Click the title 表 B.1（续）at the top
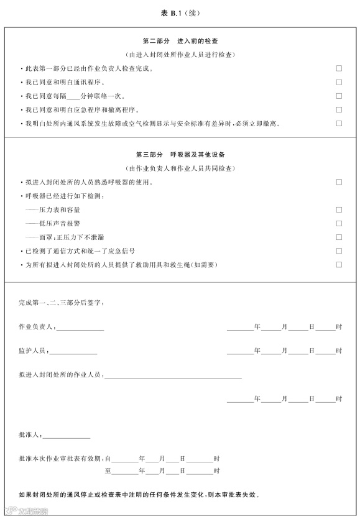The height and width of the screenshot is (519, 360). pos(180,12)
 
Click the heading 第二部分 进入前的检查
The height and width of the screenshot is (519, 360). pos(180,40)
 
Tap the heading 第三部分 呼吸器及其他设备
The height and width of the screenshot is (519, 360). pos(180,154)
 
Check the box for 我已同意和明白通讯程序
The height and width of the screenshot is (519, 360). pos(339,82)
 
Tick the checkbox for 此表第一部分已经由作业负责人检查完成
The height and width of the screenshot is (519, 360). pos(339,68)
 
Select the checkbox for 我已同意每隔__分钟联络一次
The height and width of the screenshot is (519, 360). pos(339,96)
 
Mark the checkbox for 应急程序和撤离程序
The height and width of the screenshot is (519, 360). pos(339,109)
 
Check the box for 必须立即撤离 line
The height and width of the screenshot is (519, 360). pos(339,123)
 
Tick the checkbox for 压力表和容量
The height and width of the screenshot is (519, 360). pos(339,209)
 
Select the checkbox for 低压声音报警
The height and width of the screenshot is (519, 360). pos(339,223)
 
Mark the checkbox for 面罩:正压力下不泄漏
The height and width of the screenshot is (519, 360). pos(339,237)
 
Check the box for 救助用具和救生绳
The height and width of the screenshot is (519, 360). pos(339,264)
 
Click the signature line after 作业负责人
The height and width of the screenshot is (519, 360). pos(81,328)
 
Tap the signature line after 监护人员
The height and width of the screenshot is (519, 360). pos(73,352)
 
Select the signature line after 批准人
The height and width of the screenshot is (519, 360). pos(67,436)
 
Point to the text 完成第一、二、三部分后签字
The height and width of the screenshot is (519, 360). pos(62,303)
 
